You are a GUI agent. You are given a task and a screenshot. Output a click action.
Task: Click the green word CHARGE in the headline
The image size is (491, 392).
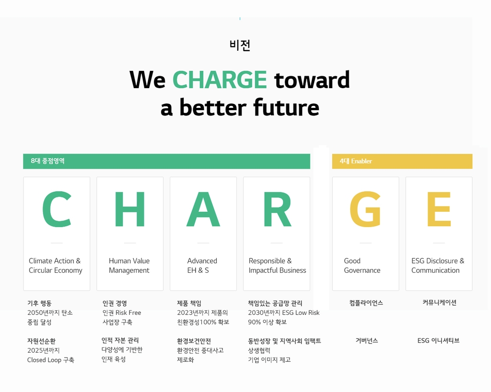(x=220, y=80)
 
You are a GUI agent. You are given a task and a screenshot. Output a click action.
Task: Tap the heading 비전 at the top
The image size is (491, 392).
(x=240, y=45)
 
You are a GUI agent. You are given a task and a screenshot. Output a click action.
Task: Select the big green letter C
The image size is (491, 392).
(x=57, y=210)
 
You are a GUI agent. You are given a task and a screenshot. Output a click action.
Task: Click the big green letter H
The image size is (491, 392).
(x=129, y=210)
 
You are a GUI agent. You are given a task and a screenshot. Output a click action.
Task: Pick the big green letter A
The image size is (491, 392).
(x=203, y=210)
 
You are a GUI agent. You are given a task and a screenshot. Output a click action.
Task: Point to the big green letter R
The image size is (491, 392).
(x=277, y=210)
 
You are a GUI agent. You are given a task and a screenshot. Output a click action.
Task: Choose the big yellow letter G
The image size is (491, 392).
(x=365, y=210)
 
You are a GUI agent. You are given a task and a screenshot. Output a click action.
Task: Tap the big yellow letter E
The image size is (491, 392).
(x=439, y=210)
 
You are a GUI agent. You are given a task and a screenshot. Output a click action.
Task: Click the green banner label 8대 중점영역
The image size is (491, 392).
(x=47, y=161)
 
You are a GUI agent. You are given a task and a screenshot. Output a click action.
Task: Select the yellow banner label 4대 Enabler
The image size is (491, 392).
(x=356, y=161)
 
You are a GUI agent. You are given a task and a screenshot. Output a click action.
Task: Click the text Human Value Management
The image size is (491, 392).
(x=129, y=265)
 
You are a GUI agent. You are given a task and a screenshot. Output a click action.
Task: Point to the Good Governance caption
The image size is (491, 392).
(x=362, y=265)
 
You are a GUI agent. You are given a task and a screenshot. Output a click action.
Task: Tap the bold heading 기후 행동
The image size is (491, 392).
(x=39, y=303)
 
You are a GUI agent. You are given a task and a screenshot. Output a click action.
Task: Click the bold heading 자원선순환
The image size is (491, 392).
(x=41, y=341)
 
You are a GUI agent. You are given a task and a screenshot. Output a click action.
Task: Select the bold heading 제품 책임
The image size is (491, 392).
(x=189, y=303)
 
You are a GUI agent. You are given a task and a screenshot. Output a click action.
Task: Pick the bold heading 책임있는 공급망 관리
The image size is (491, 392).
(x=275, y=303)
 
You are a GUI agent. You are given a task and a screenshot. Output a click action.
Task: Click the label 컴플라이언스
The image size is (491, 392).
(x=366, y=302)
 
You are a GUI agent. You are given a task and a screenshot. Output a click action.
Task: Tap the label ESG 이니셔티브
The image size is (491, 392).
(x=438, y=340)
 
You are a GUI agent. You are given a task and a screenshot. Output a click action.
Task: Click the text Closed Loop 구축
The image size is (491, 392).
(x=50, y=360)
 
